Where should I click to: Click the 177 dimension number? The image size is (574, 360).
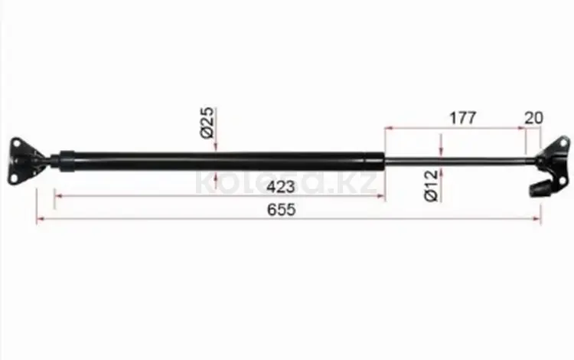463,118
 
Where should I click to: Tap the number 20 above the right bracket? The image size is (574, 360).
533,118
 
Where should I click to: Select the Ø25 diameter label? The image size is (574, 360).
207,123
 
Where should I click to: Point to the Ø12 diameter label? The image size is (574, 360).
432,185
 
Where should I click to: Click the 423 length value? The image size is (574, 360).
280,187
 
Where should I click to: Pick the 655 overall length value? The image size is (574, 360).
281,210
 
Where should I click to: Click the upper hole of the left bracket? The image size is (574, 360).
17,143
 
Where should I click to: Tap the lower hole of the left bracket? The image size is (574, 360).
14,178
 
